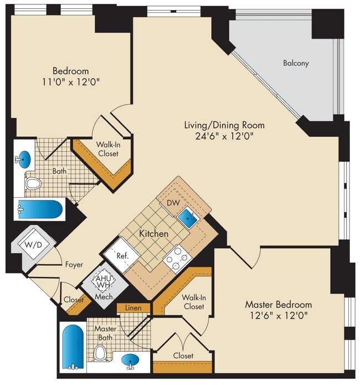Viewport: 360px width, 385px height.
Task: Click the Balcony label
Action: pyautogui.click(x=296, y=63)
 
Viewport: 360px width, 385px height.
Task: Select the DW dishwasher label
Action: pyautogui.click(x=173, y=203)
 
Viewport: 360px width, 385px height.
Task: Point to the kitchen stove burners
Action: pyautogui.click(x=178, y=259)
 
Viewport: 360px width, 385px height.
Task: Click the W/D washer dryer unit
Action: pyautogui.click(x=33, y=245)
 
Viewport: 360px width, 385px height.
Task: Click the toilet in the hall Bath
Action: pyautogui.click(x=33, y=183)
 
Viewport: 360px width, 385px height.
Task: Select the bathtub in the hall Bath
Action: pyautogui.click(x=40, y=209)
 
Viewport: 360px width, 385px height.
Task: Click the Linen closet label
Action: pyautogui.click(x=133, y=307)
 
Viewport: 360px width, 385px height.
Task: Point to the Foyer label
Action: pyautogui.click(x=74, y=264)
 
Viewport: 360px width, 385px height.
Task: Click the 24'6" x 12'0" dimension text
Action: pyautogui.click(x=224, y=136)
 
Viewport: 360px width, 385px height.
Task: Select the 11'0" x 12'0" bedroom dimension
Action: pyautogui.click(x=71, y=82)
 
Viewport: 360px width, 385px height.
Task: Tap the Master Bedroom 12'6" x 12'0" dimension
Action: pyautogui.click(x=279, y=315)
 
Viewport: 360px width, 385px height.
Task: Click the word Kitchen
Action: pyautogui.click(x=154, y=234)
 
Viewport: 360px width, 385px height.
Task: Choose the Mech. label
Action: pyautogui.click(x=105, y=296)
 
